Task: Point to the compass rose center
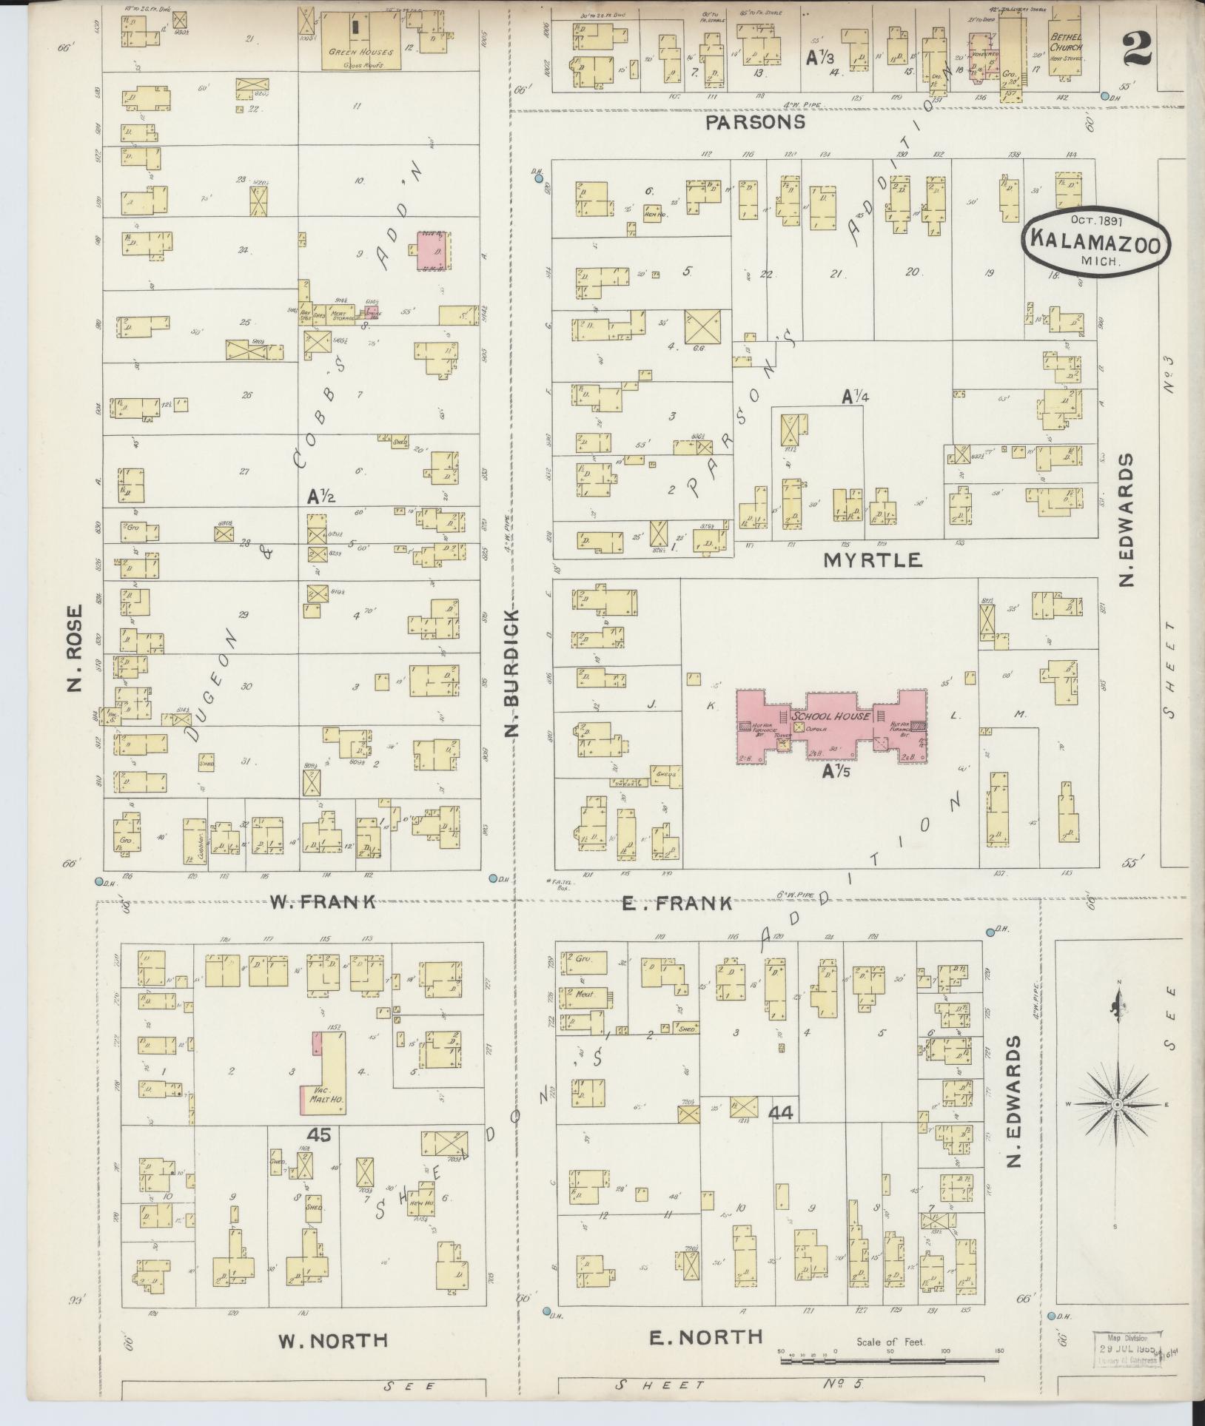pyautogui.click(x=1117, y=1125)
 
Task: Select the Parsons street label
pyautogui.click(x=755, y=122)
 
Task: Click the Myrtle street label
pyautogui.click(x=873, y=560)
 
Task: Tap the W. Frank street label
pyautogui.click(x=322, y=901)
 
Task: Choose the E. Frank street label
pyautogui.click(x=677, y=903)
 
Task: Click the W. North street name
pyautogui.click(x=332, y=1341)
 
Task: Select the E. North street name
pyautogui.click(x=705, y=1337)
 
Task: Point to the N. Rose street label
pyautogui.click(x=75, y=650)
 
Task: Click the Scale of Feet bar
pyautogui.click(x=888, y=1359)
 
